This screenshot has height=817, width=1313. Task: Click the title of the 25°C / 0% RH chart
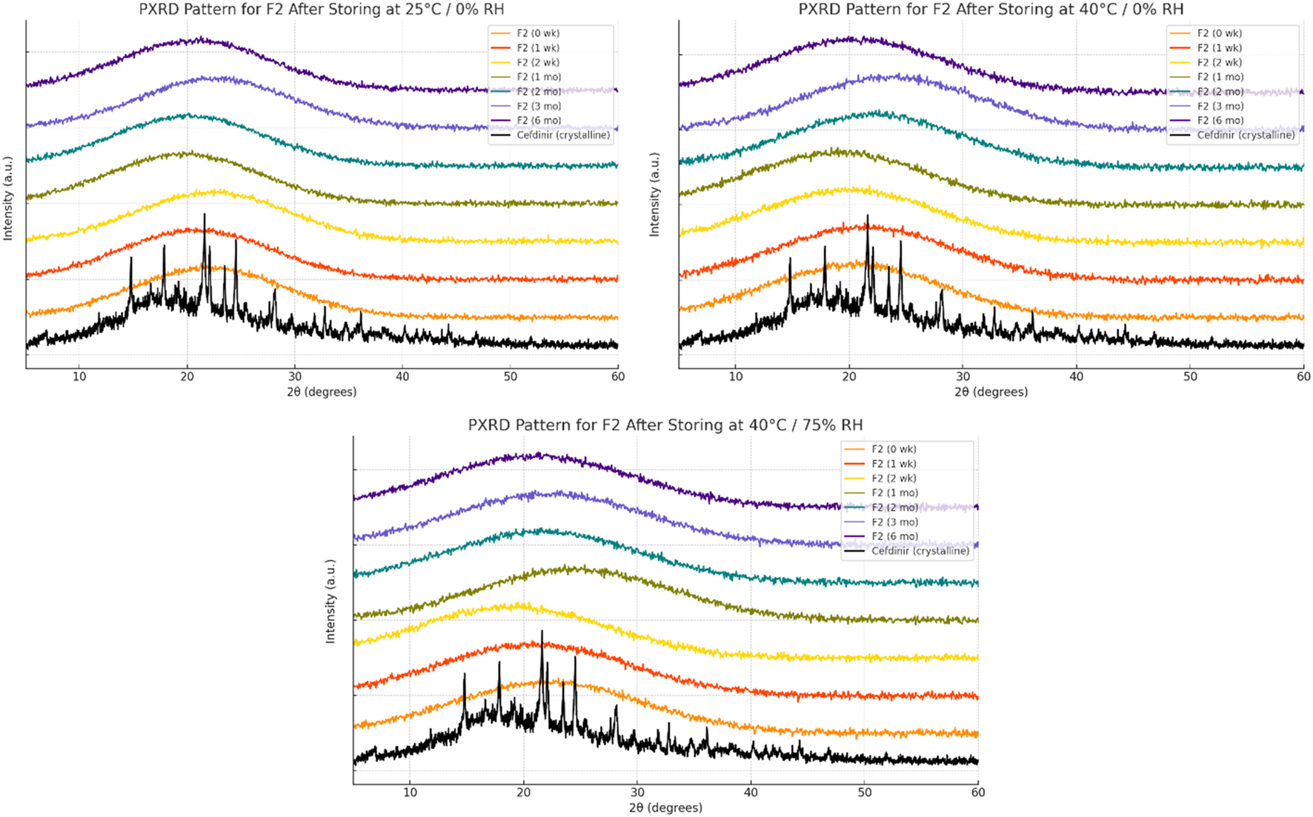(x=322, y=10)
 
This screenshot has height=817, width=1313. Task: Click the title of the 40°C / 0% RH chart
(x=991, y=10)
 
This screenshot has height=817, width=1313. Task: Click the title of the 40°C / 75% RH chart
(x=665, y=425)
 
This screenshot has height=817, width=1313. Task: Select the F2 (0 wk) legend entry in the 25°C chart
(x=538, y=33)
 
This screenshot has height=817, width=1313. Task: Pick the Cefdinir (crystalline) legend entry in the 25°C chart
(x=563, y=136)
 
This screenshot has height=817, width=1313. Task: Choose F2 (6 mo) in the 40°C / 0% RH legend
(x=1220, y=121)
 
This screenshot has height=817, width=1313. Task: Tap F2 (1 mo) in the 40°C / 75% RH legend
(x=894, y=493)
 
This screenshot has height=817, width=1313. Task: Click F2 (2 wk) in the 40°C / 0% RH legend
(x=1220, y=62)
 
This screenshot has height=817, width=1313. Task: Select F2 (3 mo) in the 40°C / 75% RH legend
(x=894, y=522)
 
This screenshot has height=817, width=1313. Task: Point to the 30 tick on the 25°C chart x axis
(x=295, y=376)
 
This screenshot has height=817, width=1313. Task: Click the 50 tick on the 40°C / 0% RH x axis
(x=1190, y=376)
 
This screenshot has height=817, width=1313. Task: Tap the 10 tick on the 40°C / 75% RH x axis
(x=410, y=792)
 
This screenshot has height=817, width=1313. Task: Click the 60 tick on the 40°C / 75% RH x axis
(x=978, y=792)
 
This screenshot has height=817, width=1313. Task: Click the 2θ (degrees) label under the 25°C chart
(x=322, y=392)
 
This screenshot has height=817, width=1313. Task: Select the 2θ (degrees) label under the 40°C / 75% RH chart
(x=665, y=807)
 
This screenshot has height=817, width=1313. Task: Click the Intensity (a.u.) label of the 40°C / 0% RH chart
(x=654, y=195)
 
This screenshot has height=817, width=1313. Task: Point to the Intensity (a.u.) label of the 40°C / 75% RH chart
(x=330, y=601)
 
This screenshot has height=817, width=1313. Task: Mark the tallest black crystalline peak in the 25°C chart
(x=205, y=216)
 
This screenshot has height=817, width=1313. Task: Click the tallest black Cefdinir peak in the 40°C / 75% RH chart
(x=542, y=632)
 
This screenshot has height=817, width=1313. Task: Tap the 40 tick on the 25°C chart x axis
(x=402, y=376)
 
